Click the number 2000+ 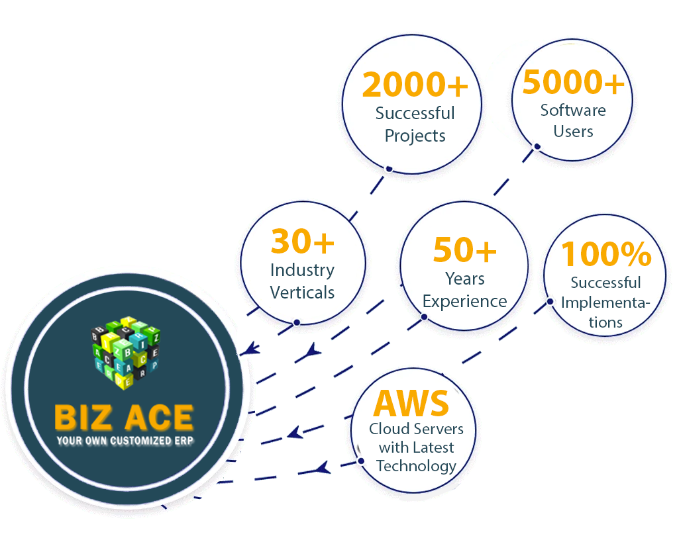[415, 86]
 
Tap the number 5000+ [573, 83]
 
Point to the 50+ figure [464, 251]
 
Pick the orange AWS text [411, 402]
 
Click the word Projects [415, 136]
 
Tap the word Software [573, 111]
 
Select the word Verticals [302, 292]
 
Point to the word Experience [464, 301]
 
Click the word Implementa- [605, 303]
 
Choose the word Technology [416, 466]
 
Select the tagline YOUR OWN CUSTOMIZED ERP [123, 440]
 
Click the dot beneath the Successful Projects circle [390, 169]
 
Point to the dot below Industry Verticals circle [297, 322]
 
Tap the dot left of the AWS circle [361, 461]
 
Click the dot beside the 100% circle [550, 301]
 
